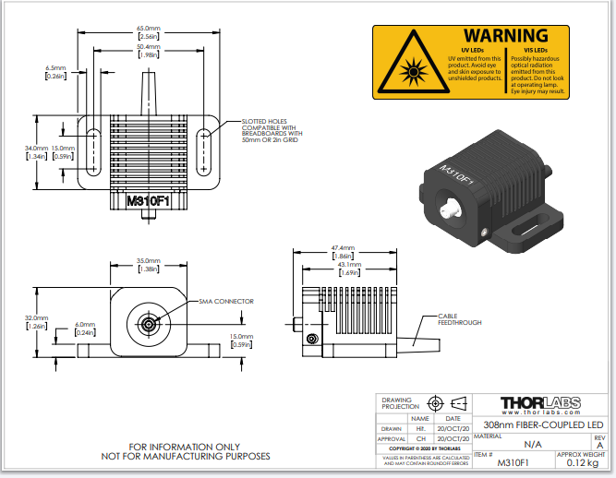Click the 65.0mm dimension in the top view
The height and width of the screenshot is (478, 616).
pos(148,29)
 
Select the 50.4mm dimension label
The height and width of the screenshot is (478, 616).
pos(148,46)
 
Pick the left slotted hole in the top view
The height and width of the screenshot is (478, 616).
pos(93,152)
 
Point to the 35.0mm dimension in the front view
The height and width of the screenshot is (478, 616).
pos(148,263)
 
